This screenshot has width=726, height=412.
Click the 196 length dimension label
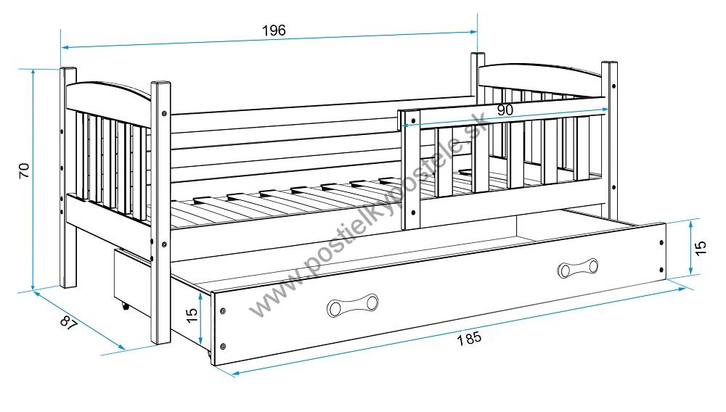point(274,30)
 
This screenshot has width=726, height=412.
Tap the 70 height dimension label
point(23,170)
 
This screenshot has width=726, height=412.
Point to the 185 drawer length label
point(470,339)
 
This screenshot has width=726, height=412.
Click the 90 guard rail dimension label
point(505,110)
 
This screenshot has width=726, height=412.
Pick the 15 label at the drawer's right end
point(700,248)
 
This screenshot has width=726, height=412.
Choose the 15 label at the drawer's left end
point(190,316)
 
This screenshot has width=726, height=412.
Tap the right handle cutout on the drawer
point(578,268)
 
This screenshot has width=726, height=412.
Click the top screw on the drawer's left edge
point(222,311)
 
